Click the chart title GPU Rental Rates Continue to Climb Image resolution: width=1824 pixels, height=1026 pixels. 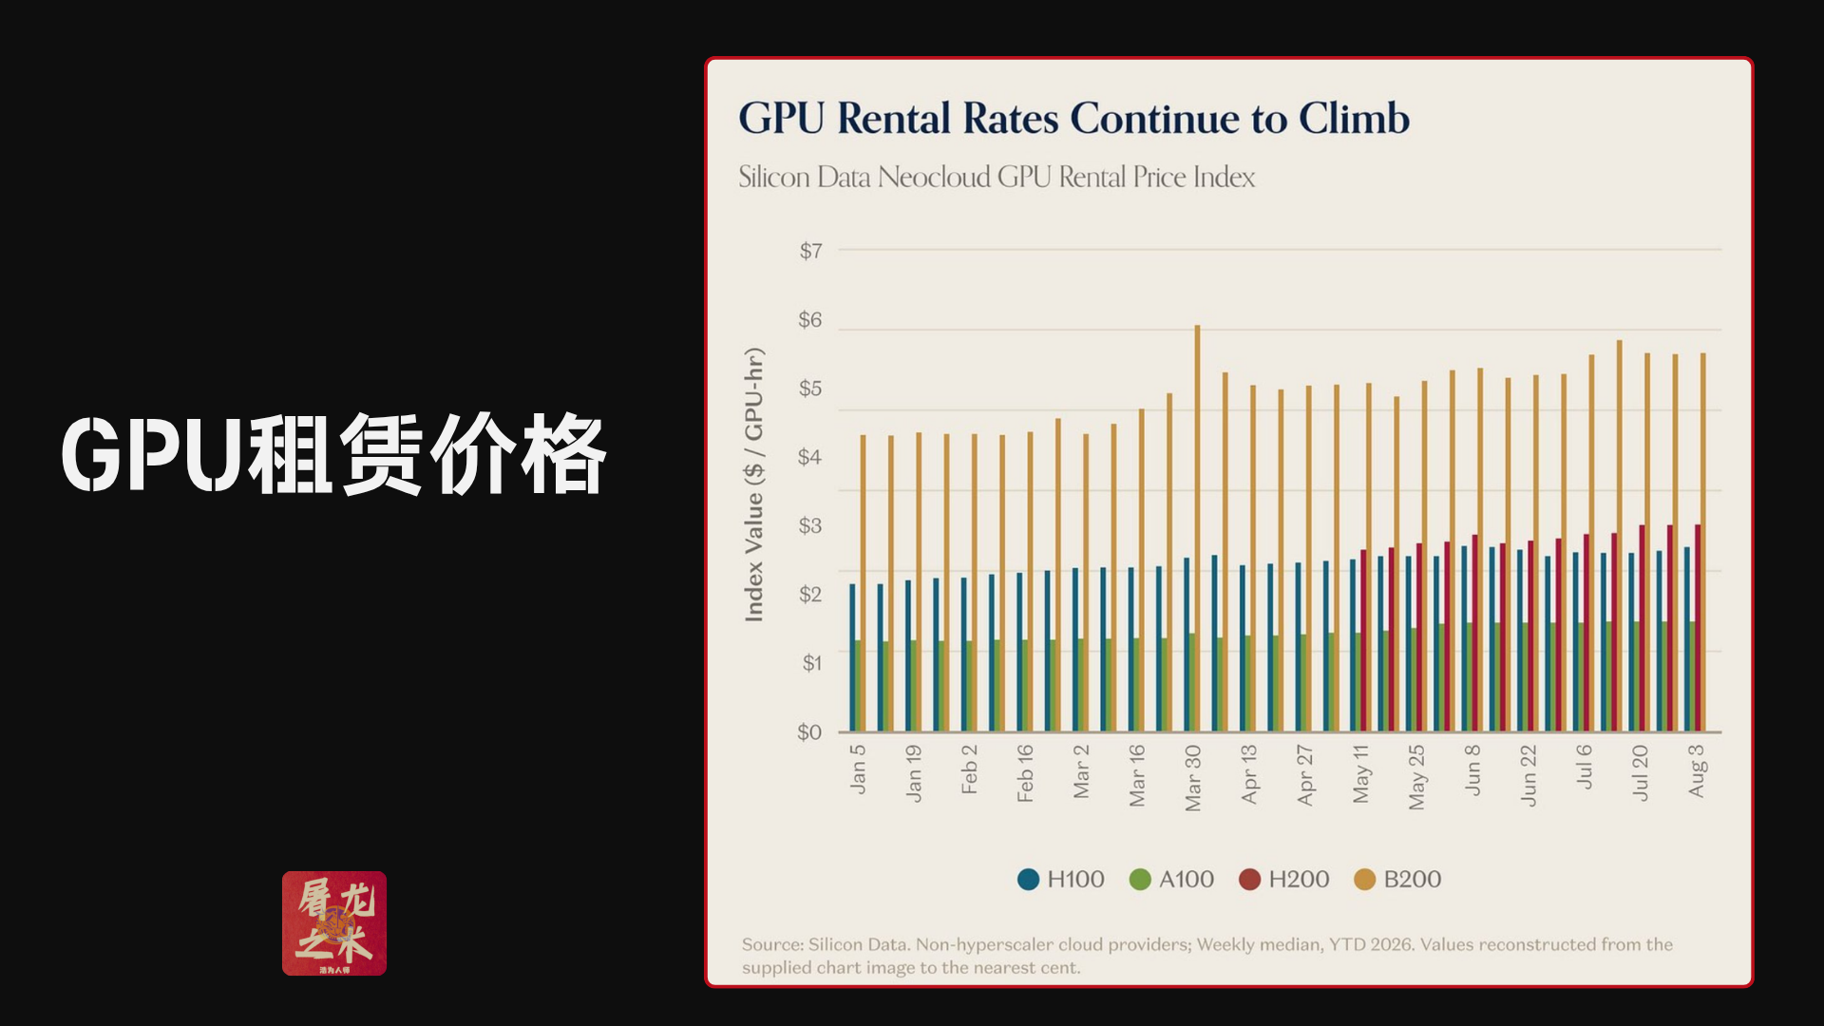point(1073,119)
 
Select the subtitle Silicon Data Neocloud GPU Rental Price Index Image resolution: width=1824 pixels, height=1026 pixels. point(997,177)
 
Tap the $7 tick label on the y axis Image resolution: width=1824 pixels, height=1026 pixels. point(810,251)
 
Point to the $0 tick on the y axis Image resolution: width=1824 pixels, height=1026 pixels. point(809,732)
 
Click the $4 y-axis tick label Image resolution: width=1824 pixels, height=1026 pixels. point(809,457)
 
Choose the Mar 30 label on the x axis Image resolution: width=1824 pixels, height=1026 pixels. point(1193,778)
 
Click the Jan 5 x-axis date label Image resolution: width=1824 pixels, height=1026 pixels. point(858,769)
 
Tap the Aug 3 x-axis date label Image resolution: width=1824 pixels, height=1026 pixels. point(1697,770)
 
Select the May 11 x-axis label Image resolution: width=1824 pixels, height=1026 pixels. point(1361,774)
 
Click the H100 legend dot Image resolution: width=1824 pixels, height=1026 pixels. point(1028,880)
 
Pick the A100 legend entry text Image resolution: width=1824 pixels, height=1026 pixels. point(1187,880)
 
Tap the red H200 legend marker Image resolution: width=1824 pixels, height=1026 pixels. point(1249,880)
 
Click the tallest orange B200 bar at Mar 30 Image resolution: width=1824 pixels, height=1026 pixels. point(1197,528)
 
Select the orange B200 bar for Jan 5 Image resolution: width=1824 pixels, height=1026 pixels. point(863,583)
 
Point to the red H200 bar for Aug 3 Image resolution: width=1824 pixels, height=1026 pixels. point(1698,628)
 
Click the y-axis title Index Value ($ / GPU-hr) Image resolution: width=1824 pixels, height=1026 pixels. point(754,484)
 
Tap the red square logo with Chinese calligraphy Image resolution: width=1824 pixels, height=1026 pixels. point(334,923)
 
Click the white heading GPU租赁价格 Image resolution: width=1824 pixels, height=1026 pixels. point(333,454)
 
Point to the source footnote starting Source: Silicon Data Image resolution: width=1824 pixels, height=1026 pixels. point(1207,956)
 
